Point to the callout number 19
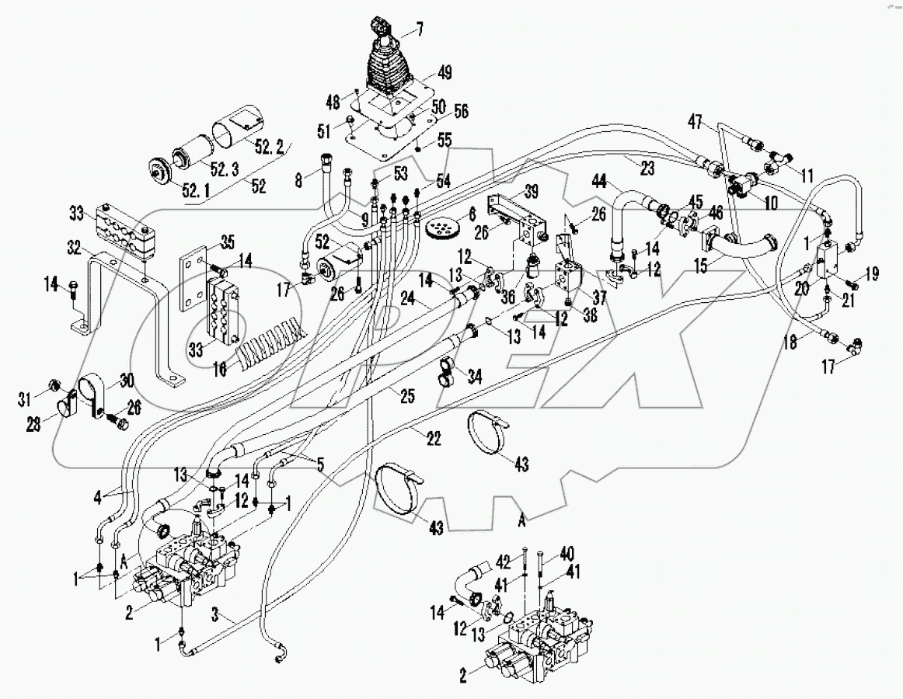(x=872, y=273)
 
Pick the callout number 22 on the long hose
(x=434, y=440)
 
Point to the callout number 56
(x=439, y=111)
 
